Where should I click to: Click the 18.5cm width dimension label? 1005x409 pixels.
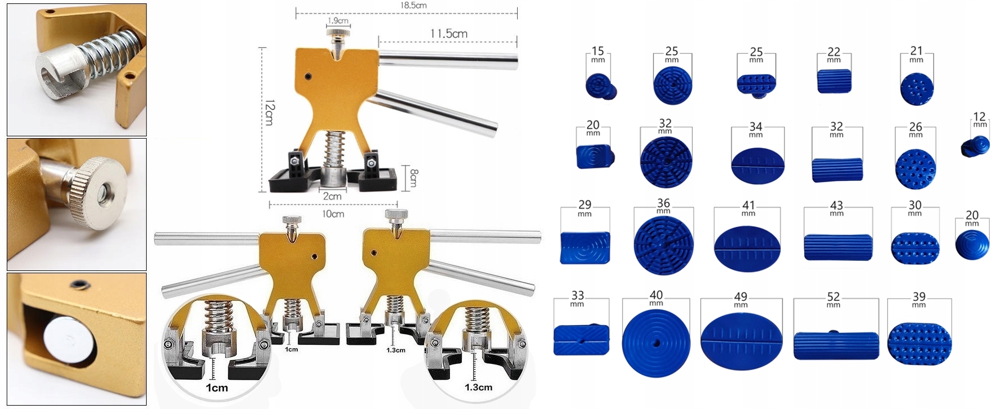click(x=413, y=5)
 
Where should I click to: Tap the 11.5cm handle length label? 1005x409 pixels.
click(x=449, y=34)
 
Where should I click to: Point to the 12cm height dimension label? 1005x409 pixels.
click(x=270, y=113)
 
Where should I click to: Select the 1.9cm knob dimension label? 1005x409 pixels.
click(x=338, y=21)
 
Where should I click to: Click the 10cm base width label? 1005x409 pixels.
click(x=333, y=214)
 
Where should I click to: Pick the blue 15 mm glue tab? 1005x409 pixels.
click(x=601, y=87)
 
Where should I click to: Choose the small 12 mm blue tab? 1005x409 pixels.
click(x=975, y=146)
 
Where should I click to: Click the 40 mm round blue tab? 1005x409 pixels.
click(x=656, y=342)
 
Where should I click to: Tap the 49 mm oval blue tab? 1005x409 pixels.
click(x=741, y=341)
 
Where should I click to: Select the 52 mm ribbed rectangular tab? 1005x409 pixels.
click(x=836, y=345)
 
